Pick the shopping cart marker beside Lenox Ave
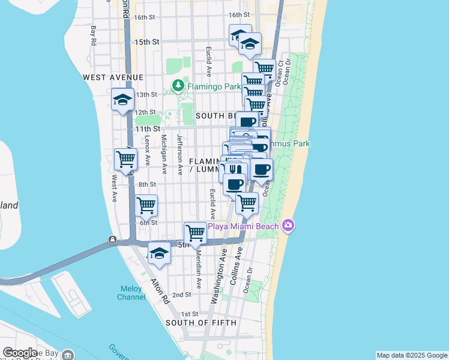125,160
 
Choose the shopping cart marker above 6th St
146,205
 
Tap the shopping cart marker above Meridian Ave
195,232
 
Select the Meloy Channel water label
130,293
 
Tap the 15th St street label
146,42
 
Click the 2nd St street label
181,295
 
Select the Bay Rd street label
93,35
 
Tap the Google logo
19,353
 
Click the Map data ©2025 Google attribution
411,355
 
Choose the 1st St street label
189,314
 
